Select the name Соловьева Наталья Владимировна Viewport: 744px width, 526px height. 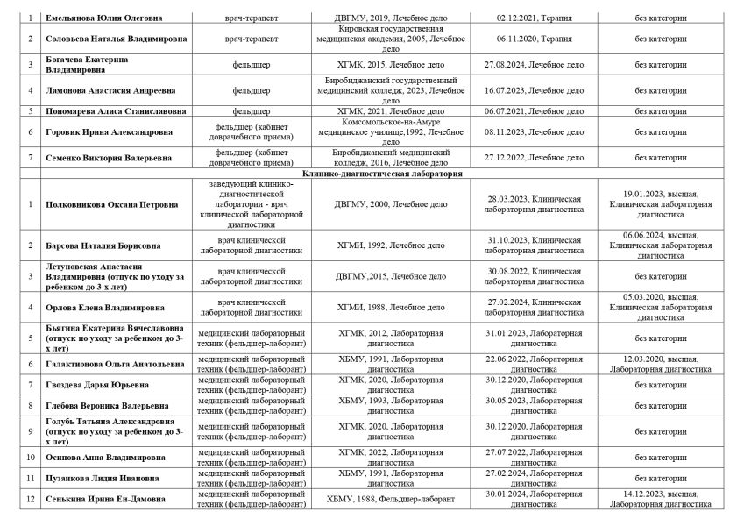pyautogui.click(x=108, y=40)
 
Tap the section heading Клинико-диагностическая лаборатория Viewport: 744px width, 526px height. pyautogui.click(x=382, y=174)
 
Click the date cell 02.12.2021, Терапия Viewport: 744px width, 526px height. pyautogui.click(x=533, y=18)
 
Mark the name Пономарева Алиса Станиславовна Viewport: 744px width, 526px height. pyautogui.click(x=115, y=111)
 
